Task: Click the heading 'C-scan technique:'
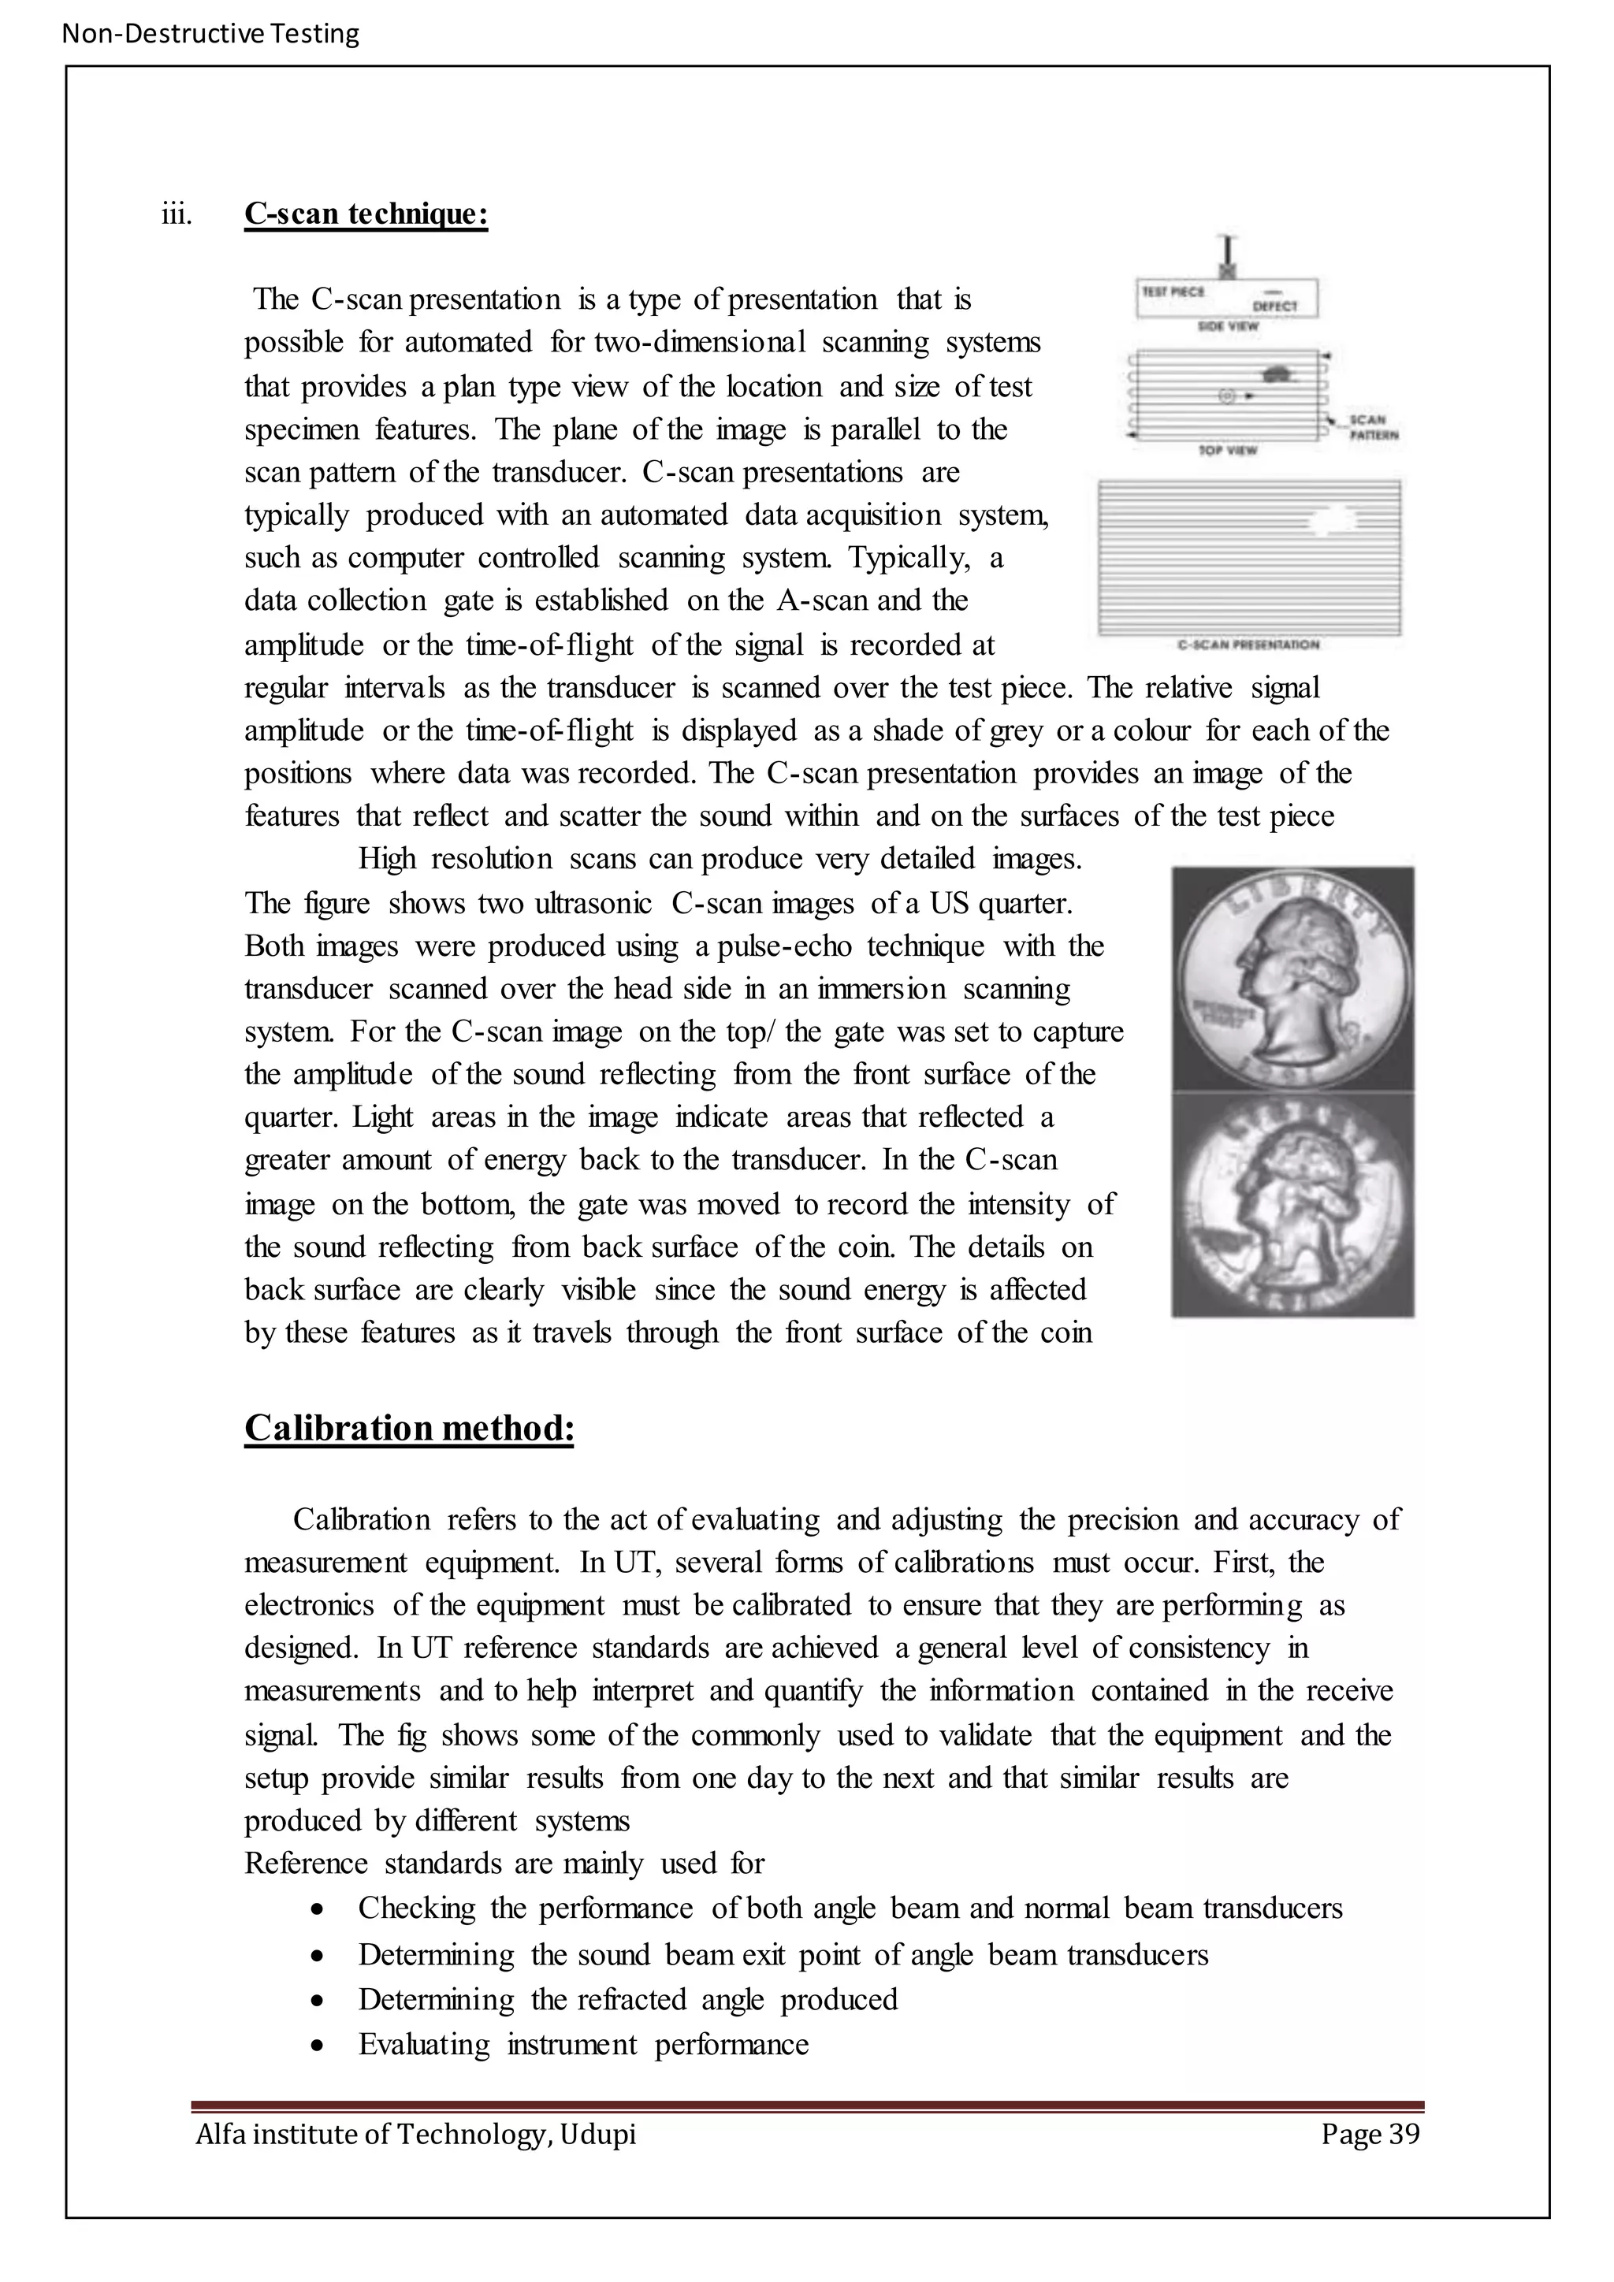[x=366, y=214]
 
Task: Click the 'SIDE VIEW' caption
[x=1229, y=326]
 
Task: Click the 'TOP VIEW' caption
[x=1229, y=450]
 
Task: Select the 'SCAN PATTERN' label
[x=1374, y=427]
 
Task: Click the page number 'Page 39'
[x=1370, y=2134]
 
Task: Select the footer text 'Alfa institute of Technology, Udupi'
[x=415, y=2134]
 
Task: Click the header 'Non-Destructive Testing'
[x=210, y=34]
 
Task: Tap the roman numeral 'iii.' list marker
[x=176, y=214]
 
